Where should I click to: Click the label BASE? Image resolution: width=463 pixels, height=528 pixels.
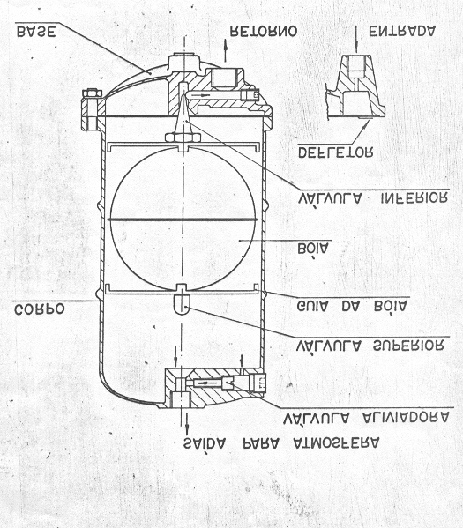[x=36, y=32]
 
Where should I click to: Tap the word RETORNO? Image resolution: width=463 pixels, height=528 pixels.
[x=264, y=32]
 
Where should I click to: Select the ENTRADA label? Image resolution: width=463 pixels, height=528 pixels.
[x=403, y=32]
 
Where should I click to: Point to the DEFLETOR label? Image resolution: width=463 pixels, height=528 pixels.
[x=336, y=152]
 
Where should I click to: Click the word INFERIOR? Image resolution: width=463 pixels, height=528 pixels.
[x=414, y=197]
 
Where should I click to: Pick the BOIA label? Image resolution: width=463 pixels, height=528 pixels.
[x=312, y=249]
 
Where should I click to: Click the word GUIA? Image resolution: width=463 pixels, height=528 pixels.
[x=314, y=307]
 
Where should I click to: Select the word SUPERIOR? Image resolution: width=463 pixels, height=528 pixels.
[x=408, y=346]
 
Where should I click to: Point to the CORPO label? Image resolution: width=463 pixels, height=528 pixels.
[x=40, y=309]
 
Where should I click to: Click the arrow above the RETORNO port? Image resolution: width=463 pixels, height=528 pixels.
[x=225, y=50]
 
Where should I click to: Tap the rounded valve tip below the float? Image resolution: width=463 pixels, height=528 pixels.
[x=182, y=304]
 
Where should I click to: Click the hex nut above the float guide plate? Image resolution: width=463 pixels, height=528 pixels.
[x=183, y=138]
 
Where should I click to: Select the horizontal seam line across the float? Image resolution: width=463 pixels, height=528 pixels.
[x=183, y=219]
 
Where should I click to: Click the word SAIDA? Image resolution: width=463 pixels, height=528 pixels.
[x=205, y=444]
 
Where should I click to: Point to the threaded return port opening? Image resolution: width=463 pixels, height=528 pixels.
[x=224, y=78]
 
